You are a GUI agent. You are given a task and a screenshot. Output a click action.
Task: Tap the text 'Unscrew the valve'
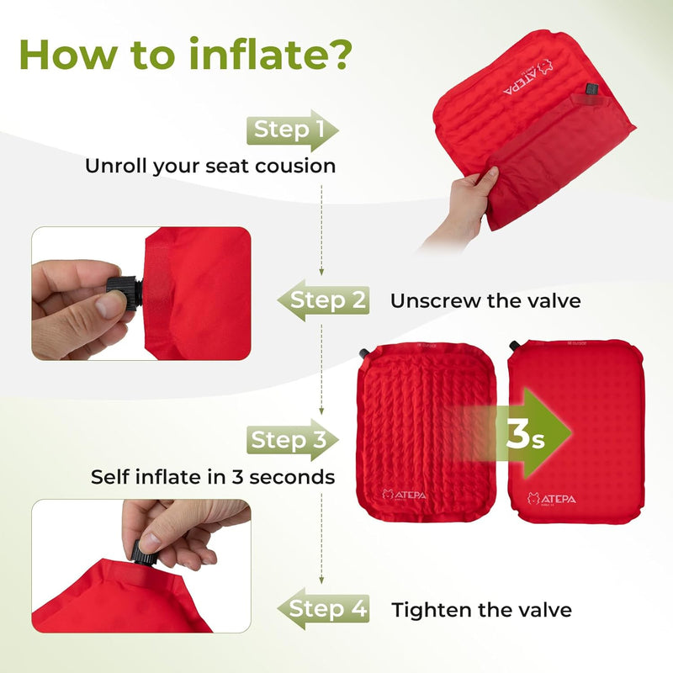(x=485, y=300)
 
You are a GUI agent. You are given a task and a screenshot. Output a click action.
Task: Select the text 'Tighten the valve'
(x=481, y=609)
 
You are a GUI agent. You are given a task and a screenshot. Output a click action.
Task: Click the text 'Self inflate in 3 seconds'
(x=213, y=477)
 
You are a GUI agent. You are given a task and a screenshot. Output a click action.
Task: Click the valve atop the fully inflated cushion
(x=514, y=345)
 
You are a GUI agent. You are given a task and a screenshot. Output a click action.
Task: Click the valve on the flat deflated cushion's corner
(x=363, y=351)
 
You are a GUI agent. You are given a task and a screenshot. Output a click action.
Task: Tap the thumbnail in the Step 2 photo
(x=110, y=305)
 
